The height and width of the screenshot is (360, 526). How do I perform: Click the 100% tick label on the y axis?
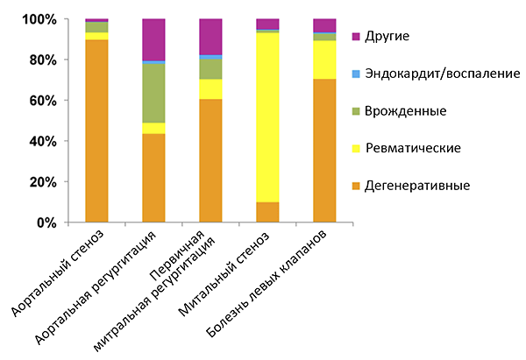(x=41, y=19)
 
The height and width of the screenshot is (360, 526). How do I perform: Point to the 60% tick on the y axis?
(x=45, y=101)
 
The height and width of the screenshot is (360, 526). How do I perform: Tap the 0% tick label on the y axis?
(x=48, y=223)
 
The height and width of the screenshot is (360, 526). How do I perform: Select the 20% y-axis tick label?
(x=45, y=182)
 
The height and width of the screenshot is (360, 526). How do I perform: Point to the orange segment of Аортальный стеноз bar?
(x=96, y=131)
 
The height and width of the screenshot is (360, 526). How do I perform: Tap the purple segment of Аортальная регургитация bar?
(x=153, y=39)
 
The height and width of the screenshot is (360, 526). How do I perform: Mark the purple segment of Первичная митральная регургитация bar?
(x=210, y=36)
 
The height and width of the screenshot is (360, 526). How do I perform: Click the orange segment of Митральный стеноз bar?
(x=267, y=213)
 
